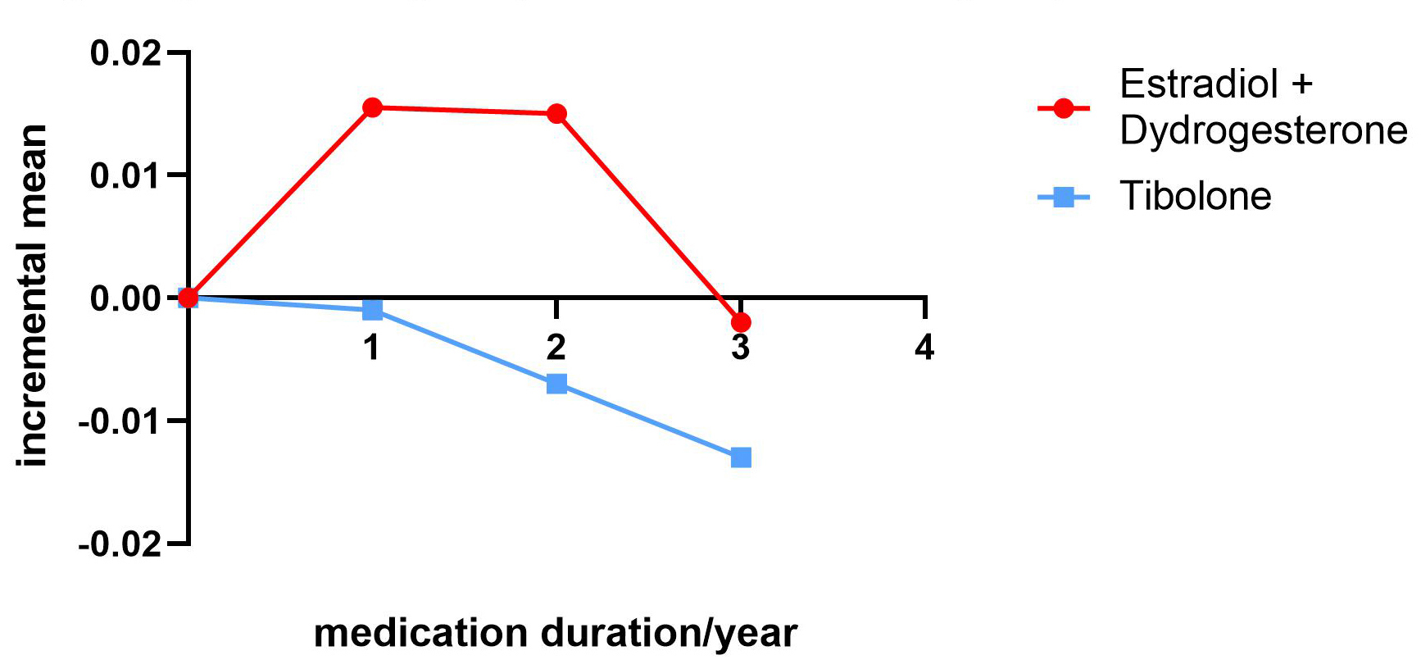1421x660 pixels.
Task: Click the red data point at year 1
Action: [372, 107]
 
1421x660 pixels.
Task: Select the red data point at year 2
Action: [556, 113]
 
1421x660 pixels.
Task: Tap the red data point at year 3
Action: [741, 322]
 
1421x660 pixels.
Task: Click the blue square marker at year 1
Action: [372, 309]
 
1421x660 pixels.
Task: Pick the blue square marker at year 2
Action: [556, 383]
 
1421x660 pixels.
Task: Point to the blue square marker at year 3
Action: [741, 457]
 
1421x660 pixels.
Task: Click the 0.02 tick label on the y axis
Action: [126, 53]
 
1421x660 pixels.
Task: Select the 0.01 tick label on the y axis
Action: [126, 175]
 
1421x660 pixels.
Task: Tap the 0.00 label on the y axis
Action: [126, 298]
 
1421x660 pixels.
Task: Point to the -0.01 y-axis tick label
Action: [120, 421]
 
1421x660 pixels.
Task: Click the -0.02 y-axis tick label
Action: [120, 544]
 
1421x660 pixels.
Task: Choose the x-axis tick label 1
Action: [372, 348]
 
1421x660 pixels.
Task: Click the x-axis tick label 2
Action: [556, 348]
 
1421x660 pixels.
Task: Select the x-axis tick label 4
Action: [924, 348]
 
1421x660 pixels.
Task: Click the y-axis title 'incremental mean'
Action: [33, 295]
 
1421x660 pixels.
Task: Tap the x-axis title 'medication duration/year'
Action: [556, 633]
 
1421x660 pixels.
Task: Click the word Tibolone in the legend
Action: [1195, 197]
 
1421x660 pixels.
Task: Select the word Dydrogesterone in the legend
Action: [1263, 131]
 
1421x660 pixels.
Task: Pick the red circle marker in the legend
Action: [1063, 108]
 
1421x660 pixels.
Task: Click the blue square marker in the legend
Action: [1063, 197]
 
